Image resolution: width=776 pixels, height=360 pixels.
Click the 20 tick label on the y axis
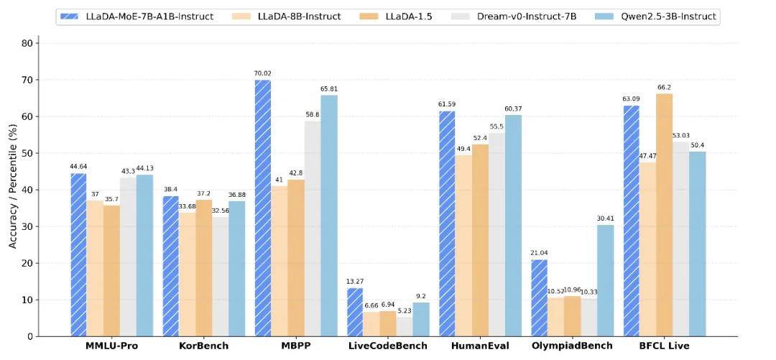coord(27,263)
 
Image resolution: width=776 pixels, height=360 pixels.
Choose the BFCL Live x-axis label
coord(664,346)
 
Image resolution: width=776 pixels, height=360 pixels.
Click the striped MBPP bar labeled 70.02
coord(263,208)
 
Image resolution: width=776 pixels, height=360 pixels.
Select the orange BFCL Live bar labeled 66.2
coord(665,215)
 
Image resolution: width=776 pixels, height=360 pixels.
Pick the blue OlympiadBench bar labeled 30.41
coord(605,280)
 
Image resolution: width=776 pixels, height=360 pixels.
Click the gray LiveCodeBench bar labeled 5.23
coord(405,326)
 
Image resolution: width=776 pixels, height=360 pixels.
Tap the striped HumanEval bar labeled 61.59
coord(447,223)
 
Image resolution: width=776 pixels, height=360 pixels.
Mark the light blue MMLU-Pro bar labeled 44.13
coord(145,255)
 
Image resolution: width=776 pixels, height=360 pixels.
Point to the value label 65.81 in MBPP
coord(329,89)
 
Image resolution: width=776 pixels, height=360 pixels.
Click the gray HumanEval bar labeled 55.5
coord(496,234)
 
